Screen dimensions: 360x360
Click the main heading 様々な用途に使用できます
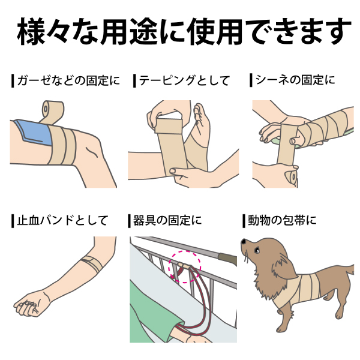click(180, 31)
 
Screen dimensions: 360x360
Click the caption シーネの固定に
click(296, 80)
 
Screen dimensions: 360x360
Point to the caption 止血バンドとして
click(62, 220)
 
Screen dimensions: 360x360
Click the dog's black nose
click(243, 241)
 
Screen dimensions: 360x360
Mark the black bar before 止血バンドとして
click(12, 220)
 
